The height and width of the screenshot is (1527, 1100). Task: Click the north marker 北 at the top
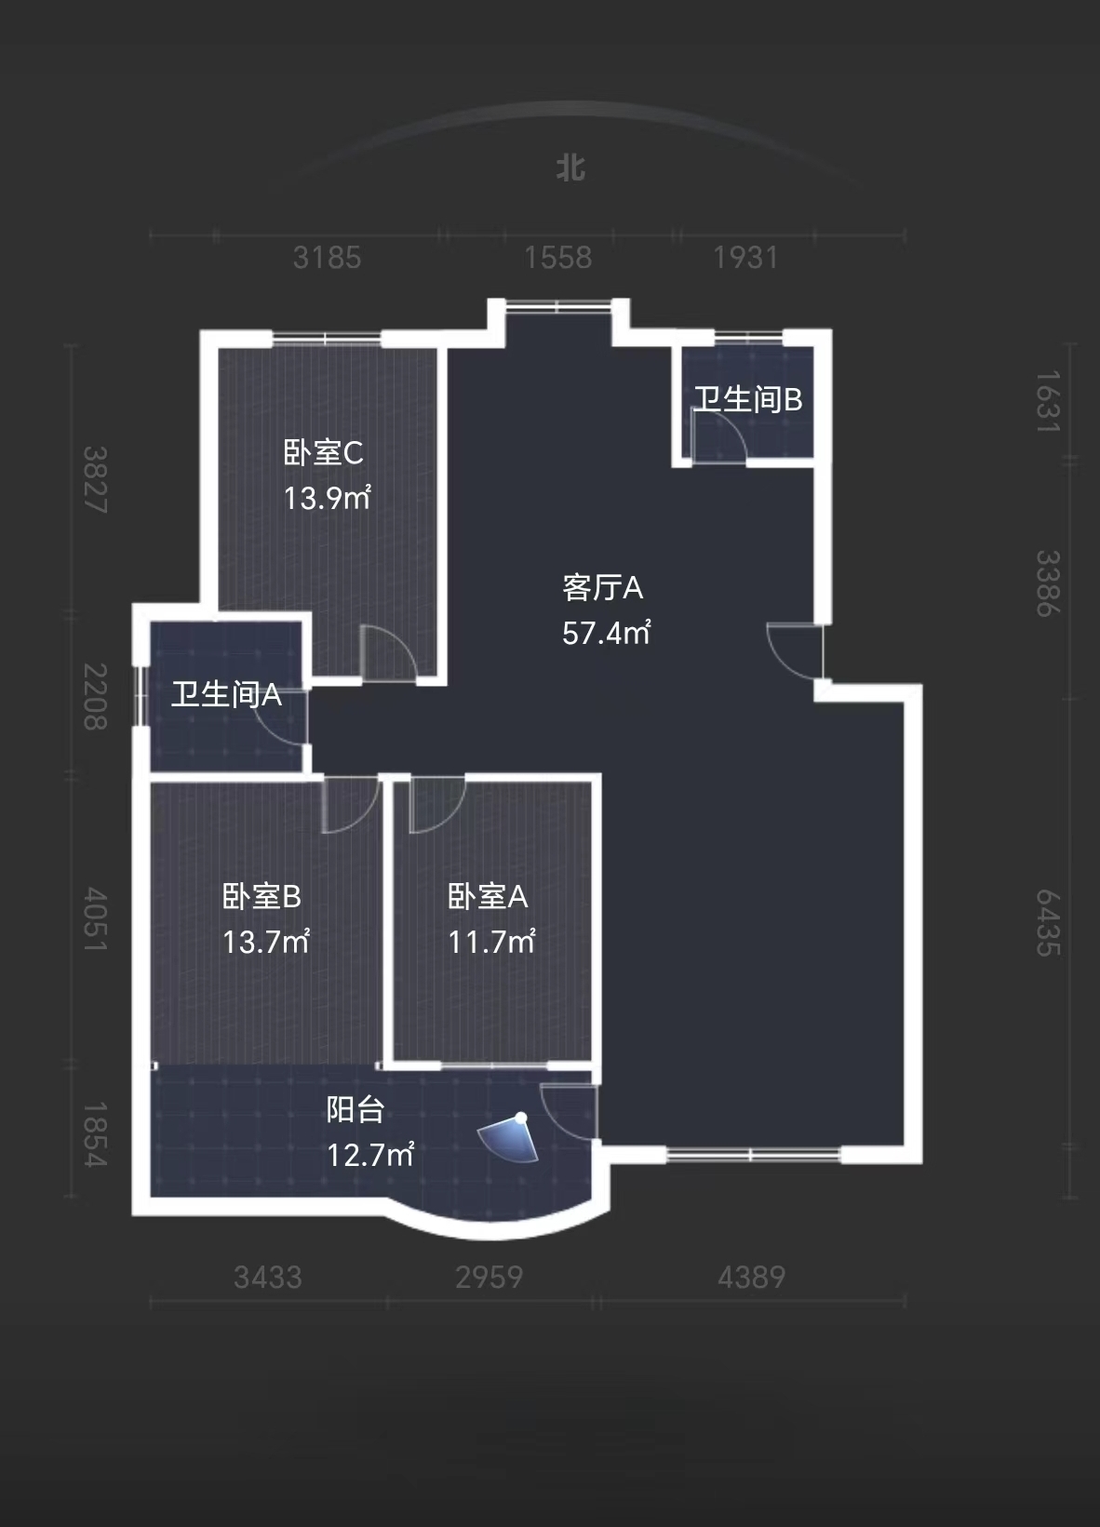pos(570,168)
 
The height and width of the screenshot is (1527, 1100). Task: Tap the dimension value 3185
pos(327,258)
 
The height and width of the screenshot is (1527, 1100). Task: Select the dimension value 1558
pos(557,258)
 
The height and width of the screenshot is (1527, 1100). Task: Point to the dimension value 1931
pos(745,258)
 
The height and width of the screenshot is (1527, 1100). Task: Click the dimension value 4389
pos(751,1277)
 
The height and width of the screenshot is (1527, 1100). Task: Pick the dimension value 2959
pos(489,1277)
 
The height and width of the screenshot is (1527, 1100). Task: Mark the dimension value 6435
pos(1048,922)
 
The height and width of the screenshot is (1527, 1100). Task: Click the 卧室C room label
pos(323,453)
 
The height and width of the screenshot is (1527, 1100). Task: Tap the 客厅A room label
pos(602,588)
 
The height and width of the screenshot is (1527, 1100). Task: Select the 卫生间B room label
pos(747,399)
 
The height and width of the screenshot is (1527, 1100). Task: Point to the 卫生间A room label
pos(225,694)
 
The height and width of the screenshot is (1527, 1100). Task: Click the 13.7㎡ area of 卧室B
pos(265,942)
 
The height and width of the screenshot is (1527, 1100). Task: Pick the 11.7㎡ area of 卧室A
pos(490,942)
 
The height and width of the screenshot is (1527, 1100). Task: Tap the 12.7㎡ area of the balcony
pos(369,1155)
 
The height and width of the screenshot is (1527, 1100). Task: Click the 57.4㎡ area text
pos(606,633)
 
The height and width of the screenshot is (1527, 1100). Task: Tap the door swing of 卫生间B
pos(718,435)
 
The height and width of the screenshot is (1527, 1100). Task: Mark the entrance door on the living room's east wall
pos(797,651)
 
